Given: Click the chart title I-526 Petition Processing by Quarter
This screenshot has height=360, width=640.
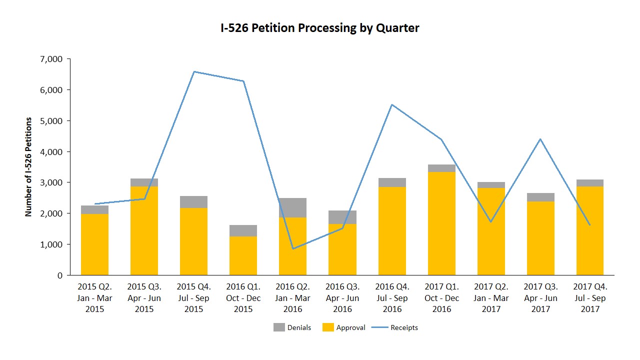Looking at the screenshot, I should tap(320, 28).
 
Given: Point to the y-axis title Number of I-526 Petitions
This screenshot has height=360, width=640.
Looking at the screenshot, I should tap(28, 167).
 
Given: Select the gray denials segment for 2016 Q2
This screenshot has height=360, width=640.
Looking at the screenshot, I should tap(292, 207).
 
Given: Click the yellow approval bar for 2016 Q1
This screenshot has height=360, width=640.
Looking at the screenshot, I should tap(243, 255).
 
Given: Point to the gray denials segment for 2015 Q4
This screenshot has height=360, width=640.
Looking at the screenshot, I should tap(193, 202).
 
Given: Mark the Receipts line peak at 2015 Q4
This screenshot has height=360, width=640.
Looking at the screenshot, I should tap(194, 71).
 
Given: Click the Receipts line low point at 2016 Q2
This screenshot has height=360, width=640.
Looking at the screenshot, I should tap(292, 248).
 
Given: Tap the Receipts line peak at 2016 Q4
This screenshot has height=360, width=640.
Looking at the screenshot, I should tap(392, 104).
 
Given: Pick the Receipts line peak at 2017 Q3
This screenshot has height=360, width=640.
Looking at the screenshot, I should tap(540, 139).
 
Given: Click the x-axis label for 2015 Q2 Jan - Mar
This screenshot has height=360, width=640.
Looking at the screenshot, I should tap(95, 298).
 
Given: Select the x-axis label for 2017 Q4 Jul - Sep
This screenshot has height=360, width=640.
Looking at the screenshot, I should tap(590, 298).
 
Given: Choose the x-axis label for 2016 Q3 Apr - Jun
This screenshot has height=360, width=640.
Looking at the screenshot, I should tap(342, 298).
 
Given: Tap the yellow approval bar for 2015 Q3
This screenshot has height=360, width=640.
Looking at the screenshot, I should tap(144, 230).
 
